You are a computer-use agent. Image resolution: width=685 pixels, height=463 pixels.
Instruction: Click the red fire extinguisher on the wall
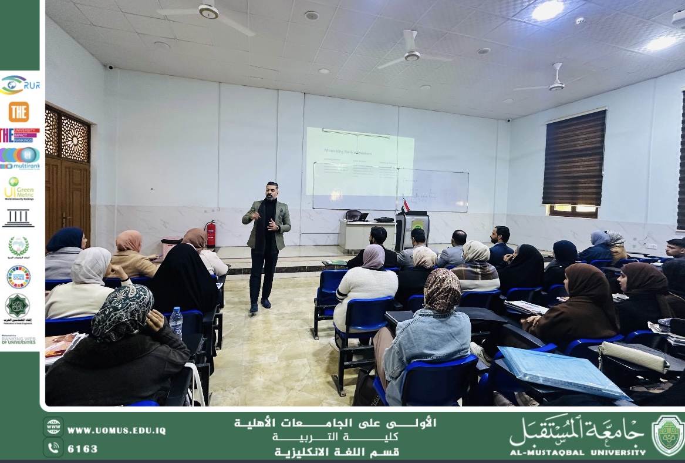click(211, 234)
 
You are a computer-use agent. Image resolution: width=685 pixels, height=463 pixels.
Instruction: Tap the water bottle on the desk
click(176, 323)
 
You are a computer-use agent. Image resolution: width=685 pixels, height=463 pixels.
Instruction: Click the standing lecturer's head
click(271, 190)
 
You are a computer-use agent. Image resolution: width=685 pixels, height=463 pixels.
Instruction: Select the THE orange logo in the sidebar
click(19, 112)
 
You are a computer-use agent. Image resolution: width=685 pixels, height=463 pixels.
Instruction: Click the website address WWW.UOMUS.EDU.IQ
click(116, 430)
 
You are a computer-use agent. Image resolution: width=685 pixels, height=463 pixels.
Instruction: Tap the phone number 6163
click(83, 449)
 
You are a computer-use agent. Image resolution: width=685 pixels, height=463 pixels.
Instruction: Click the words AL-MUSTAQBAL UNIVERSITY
click(578, 452)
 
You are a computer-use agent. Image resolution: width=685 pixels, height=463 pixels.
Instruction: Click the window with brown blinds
click(573, 159)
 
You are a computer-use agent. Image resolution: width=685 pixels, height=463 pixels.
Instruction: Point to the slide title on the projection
click(348, 151)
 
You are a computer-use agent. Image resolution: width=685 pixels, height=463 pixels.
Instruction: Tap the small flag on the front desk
click(405, 206)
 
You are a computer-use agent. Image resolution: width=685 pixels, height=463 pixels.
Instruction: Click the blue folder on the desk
click(561, 371)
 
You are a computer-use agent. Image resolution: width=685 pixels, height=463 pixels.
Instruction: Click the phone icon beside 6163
click(53, 448)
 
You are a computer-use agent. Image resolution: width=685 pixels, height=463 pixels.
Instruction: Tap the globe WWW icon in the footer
click(53, 427)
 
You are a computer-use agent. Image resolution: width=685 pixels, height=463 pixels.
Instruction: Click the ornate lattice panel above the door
click(68, 136)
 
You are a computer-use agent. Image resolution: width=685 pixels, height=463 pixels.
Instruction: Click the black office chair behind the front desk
click(353, 216)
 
